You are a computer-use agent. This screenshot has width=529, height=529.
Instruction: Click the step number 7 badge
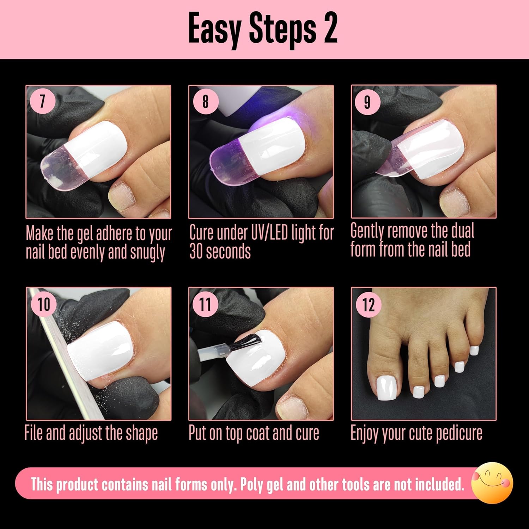(x=42, y=101)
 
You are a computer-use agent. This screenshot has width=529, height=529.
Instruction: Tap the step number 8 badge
(x=206, y=101)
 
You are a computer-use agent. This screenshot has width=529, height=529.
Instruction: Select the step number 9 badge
(x=367, y=102)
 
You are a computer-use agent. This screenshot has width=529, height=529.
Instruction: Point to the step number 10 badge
(x=44, y=304)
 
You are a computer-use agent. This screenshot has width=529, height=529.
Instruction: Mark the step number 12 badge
(x=368, y=304)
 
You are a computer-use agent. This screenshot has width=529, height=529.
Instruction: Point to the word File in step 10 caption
(x=34, y=433)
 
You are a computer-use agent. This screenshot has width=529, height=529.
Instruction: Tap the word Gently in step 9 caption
(x=367, y=231)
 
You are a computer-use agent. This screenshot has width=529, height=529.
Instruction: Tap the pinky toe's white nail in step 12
(x=474, y=350)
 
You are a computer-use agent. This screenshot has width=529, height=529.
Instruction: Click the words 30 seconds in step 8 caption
(x=220, y=251)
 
